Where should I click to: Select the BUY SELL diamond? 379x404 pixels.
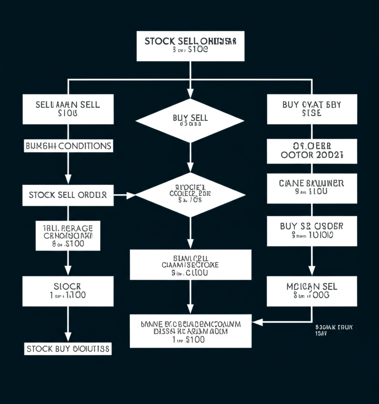tap(190, 120)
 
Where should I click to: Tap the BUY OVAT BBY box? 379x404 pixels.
tap(312, 109)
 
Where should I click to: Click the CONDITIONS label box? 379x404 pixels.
tap(68, 146)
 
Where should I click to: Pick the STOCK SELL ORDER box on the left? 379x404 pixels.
tap(68, 195)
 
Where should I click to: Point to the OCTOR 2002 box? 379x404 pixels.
tap(312, 151)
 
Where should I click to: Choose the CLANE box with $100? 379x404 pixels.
tap(312, 188)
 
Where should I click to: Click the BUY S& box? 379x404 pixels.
tap(312, 231)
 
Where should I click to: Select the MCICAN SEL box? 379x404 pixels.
tap(312, 291)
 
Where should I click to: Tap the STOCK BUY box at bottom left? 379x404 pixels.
tap(68, 349)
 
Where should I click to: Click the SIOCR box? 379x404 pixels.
tap(68, 291)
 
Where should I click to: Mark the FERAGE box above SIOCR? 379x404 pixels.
tap(68, 236)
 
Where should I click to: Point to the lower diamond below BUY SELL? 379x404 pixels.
tap(190, 195)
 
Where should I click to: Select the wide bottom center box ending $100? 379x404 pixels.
tap(190, 331)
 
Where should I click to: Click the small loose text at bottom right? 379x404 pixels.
tap(334, 330)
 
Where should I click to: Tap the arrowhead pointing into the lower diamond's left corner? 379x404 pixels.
tap(131, 195)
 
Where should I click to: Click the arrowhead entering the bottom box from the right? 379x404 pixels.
tap(257, 322)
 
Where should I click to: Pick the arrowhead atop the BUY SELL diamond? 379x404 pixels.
tap(190, 94)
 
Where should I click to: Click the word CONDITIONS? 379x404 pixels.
tap(85, 146)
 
